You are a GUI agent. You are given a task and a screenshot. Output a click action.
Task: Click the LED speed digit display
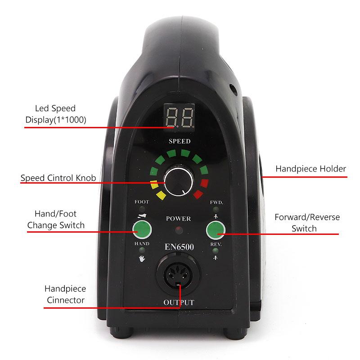179,117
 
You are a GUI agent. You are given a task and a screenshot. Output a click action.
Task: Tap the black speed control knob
179,182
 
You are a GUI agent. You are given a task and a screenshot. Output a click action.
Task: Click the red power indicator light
179,230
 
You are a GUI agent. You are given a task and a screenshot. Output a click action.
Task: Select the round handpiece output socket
178,274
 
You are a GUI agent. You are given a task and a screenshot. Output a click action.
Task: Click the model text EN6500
179,247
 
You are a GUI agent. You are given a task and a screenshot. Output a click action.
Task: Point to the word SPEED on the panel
180,141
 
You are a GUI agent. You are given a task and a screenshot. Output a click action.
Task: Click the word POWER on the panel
178,219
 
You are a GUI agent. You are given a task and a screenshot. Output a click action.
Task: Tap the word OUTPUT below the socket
179,302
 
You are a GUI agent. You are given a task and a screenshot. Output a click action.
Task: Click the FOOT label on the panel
142,202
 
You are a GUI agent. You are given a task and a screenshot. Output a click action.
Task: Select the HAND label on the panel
142,243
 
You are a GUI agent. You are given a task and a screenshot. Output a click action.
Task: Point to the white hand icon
142,258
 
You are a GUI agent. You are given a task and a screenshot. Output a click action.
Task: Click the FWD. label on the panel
216,202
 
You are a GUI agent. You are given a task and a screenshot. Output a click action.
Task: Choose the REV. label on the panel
216,244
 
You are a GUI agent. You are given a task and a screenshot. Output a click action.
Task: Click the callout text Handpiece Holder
310,169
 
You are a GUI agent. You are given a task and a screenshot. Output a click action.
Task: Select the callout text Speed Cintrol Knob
58,178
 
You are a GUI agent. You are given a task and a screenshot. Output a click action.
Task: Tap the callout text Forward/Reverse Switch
307,223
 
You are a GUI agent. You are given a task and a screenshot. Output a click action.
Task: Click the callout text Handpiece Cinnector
65,294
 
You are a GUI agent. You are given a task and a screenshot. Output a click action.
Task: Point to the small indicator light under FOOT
142,209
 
